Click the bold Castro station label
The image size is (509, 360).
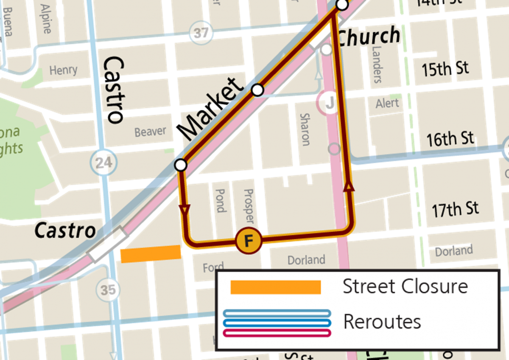point(65,231)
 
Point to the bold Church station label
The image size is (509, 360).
point(369,36)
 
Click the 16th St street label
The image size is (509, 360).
point(450,138)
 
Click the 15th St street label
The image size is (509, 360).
point(445,68)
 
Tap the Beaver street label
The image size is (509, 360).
point(150,132)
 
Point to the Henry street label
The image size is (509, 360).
point(63,70)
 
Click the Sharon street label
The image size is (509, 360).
point(305,129)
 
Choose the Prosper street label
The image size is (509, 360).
point(249,206)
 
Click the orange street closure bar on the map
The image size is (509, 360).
point(151,254)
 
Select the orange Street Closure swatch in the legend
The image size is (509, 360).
point(275,287)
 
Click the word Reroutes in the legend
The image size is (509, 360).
point(382,321)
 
